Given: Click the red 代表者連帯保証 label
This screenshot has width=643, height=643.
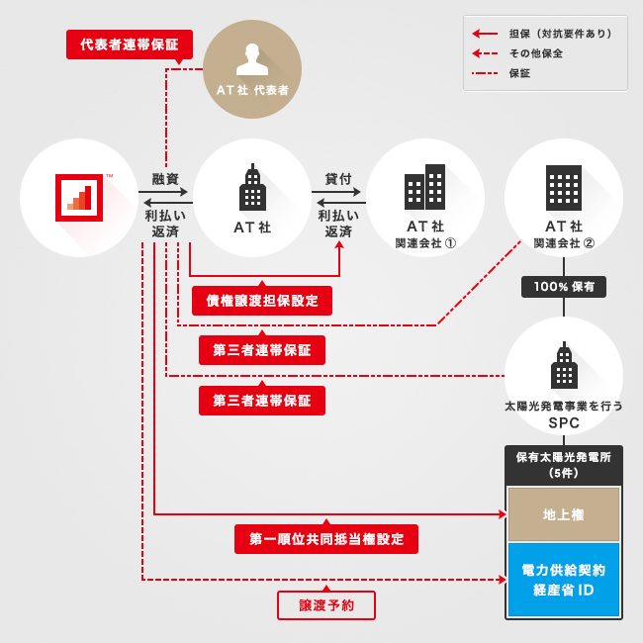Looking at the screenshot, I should (x=129, y=46).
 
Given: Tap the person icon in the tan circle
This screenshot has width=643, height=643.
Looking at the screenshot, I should (x=252, y=59).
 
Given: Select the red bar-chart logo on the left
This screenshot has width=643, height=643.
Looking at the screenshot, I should (x=79, y=197).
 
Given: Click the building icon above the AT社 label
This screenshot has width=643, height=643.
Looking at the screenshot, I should (x=252, y=189).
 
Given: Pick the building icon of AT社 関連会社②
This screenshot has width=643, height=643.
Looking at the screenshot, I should (x=564, y=187).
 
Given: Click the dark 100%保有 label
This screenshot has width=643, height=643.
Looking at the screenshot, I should (x=564, y=287).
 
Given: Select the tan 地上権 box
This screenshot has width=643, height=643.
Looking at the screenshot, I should (x=563, y=514).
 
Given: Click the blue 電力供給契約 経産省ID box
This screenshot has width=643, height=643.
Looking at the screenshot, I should (x=563, y=580).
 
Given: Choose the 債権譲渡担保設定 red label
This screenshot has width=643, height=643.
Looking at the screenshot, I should (x=262, y=301).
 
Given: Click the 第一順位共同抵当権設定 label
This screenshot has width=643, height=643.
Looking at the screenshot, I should (x=326, y=539).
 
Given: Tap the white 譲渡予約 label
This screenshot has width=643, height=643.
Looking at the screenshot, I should (x=326, y=605).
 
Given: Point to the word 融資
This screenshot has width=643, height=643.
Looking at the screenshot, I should (x=165, y=179).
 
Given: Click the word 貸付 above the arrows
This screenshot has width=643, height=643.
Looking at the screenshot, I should (x=338, y=179).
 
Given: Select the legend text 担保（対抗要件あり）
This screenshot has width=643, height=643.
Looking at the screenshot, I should (x=560, y=33).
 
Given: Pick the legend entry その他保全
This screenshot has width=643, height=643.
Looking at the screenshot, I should (x=536, y=52).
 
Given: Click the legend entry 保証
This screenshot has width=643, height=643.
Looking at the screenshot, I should (x=520, y=72).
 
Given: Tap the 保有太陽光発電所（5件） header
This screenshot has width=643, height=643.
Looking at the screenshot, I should (x=563, y=465).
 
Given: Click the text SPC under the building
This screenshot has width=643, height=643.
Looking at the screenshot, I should (x=563, y=423).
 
